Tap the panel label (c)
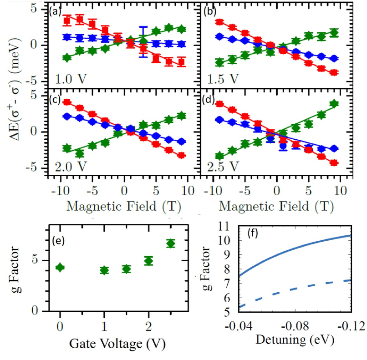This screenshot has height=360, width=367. point(56,99)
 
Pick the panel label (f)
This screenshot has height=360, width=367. point(254,233)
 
